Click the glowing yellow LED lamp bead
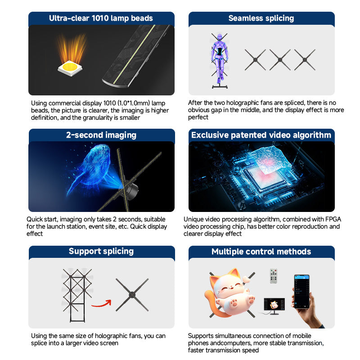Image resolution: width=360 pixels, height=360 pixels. [x=70, y=68]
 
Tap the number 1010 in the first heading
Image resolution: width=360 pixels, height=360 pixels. [x=100, y=18]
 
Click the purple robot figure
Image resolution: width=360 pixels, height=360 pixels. [x=220, y=59]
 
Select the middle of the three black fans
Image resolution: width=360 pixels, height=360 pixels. [x=280, y=60]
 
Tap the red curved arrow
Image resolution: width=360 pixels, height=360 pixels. [x=102, y=303]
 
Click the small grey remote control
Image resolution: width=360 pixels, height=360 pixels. [x=274, y=276]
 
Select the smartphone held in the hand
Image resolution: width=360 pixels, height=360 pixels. [x=302, y=292]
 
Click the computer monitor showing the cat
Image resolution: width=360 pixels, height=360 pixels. [x=274, y=305]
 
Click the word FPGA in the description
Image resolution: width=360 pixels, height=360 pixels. [x=333, y=219]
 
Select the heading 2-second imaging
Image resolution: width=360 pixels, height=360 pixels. [x=101, y=135]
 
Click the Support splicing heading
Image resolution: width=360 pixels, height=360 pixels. [x=101, y=251]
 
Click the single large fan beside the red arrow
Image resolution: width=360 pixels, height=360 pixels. [x=132, y=295]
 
